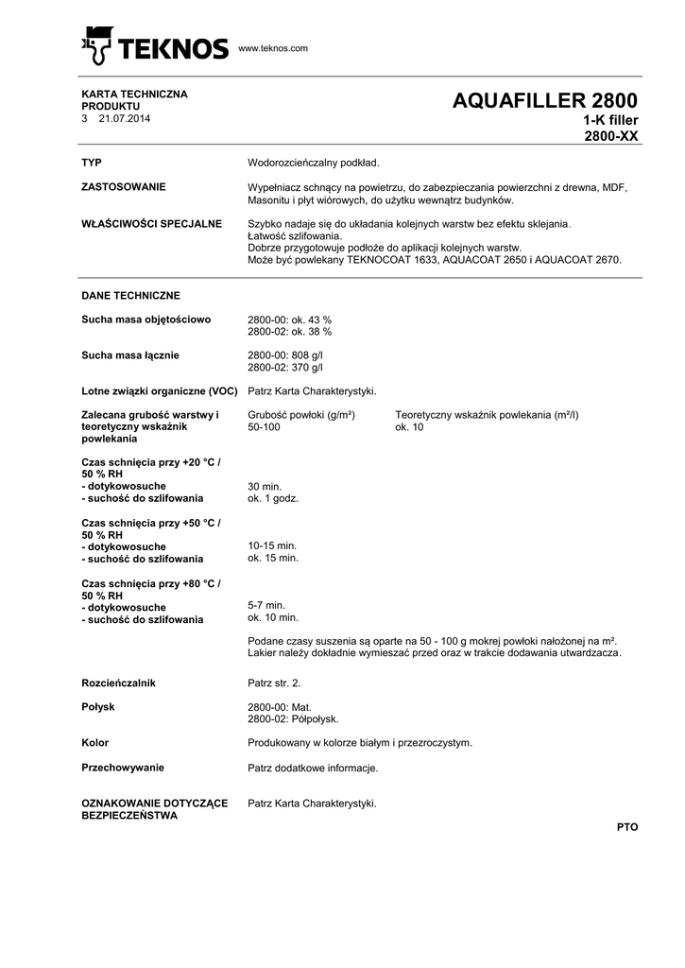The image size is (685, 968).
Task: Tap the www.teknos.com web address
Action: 273,48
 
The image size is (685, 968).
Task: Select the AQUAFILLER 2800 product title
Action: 545,101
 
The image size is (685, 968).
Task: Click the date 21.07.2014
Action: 124,119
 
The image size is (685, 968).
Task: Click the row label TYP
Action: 92,163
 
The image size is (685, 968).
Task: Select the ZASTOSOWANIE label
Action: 124,187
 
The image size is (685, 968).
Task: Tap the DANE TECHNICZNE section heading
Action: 130,296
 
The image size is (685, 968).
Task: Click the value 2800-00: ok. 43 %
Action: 290,320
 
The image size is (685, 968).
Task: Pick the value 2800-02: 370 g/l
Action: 285,368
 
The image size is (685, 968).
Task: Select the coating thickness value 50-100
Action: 264,428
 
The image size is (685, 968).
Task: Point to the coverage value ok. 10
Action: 409,428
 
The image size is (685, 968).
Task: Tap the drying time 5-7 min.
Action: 265,605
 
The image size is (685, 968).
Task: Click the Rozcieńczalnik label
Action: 118,682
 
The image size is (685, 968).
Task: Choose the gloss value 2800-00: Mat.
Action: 279,706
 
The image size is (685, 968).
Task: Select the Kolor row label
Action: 95,743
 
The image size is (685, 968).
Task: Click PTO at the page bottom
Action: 627,827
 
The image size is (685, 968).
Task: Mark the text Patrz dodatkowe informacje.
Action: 313,768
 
